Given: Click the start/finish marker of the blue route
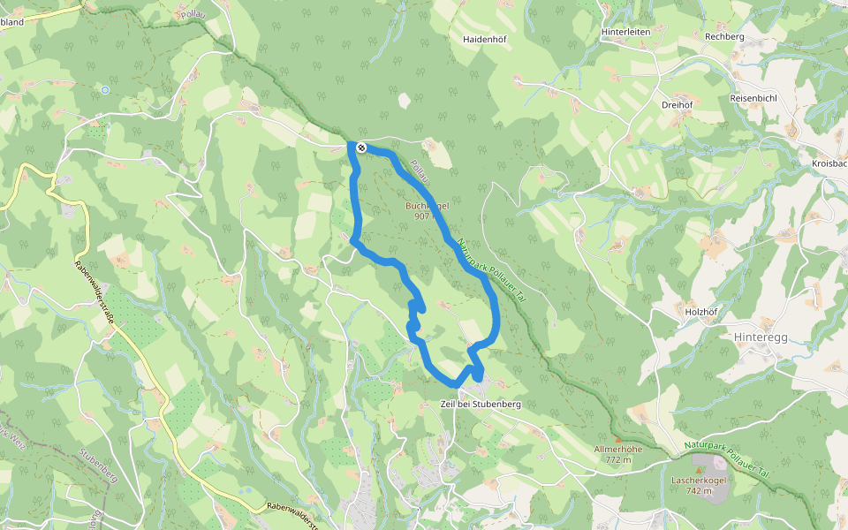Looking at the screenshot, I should click(361, 147).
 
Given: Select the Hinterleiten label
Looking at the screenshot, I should click(625, 32).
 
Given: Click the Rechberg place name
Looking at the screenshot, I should click(724, 36).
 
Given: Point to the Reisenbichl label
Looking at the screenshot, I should click(753, 98).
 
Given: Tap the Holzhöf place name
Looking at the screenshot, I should click(694, 311).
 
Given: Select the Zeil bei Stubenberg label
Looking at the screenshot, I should click(481, 404).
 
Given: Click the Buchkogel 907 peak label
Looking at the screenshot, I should click(428, 210).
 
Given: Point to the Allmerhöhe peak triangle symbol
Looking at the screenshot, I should click(618, 439).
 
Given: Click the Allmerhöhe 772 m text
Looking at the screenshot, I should click(618, 454).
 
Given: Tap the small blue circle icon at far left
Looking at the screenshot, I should click(105, 89).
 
